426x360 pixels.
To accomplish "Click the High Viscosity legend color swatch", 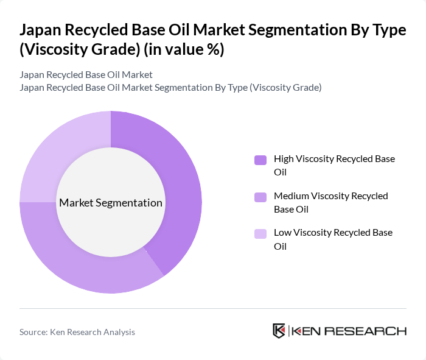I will pos(260,160).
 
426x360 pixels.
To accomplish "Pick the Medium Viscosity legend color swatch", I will pos(260,197).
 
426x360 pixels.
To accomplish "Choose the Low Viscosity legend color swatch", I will pos(260,233).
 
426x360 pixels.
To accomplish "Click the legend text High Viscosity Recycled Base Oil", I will pos(334,165).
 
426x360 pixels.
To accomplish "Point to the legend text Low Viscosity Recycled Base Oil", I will pos(333,239).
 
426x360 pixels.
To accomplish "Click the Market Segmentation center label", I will pos(111,203).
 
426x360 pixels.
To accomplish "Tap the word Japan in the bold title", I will pos(40,31).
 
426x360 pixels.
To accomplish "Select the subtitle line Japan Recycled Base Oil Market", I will pos(86,75).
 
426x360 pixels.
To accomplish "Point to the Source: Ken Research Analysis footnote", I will pos(77,332).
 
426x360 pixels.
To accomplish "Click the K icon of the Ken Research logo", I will pos(279,331).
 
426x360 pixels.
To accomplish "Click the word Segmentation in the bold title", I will pos(299,31).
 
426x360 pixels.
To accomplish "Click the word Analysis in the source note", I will pos(118,332).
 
